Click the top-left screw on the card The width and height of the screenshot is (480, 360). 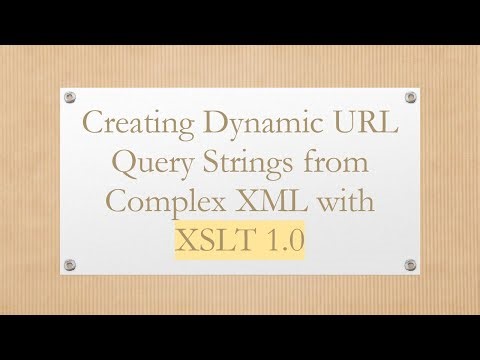point(69,97)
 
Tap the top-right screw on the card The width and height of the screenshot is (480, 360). point(410,97)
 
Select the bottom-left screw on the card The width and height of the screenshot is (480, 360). point(69,265)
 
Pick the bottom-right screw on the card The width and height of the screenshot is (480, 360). point(410,265)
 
